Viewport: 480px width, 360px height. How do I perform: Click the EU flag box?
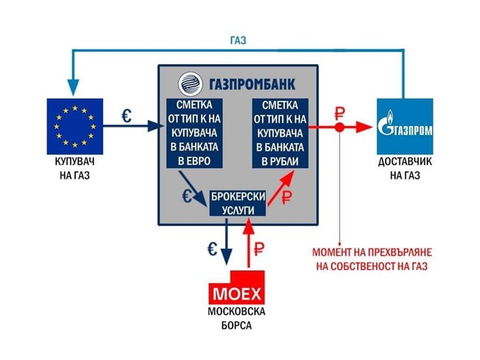75,126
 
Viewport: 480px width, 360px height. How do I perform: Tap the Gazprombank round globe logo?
191,84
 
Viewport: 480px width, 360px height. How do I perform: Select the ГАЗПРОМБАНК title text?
253,84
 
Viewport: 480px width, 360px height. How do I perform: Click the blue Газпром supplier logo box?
405,126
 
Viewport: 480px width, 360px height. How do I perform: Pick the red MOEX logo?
236,288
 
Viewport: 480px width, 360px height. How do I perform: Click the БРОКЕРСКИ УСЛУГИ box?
238,204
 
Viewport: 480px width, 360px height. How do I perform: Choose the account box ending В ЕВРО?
194,133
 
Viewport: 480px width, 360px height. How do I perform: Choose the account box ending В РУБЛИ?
280,133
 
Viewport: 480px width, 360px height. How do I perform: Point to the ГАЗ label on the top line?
239,41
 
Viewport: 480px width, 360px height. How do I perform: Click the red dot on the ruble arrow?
340,127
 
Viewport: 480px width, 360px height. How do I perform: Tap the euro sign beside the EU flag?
127,116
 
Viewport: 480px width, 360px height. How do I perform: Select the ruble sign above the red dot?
340,114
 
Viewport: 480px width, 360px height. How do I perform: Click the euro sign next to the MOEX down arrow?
212,249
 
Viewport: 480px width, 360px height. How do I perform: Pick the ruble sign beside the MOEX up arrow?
258,249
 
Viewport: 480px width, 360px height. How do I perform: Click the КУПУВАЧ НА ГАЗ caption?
75,168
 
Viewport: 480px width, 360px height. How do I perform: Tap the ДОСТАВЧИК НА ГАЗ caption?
405,168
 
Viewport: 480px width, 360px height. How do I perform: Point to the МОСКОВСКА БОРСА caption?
236,319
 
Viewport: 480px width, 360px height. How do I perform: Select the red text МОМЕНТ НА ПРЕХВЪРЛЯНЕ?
372,252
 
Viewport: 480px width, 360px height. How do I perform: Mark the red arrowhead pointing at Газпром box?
365,127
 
